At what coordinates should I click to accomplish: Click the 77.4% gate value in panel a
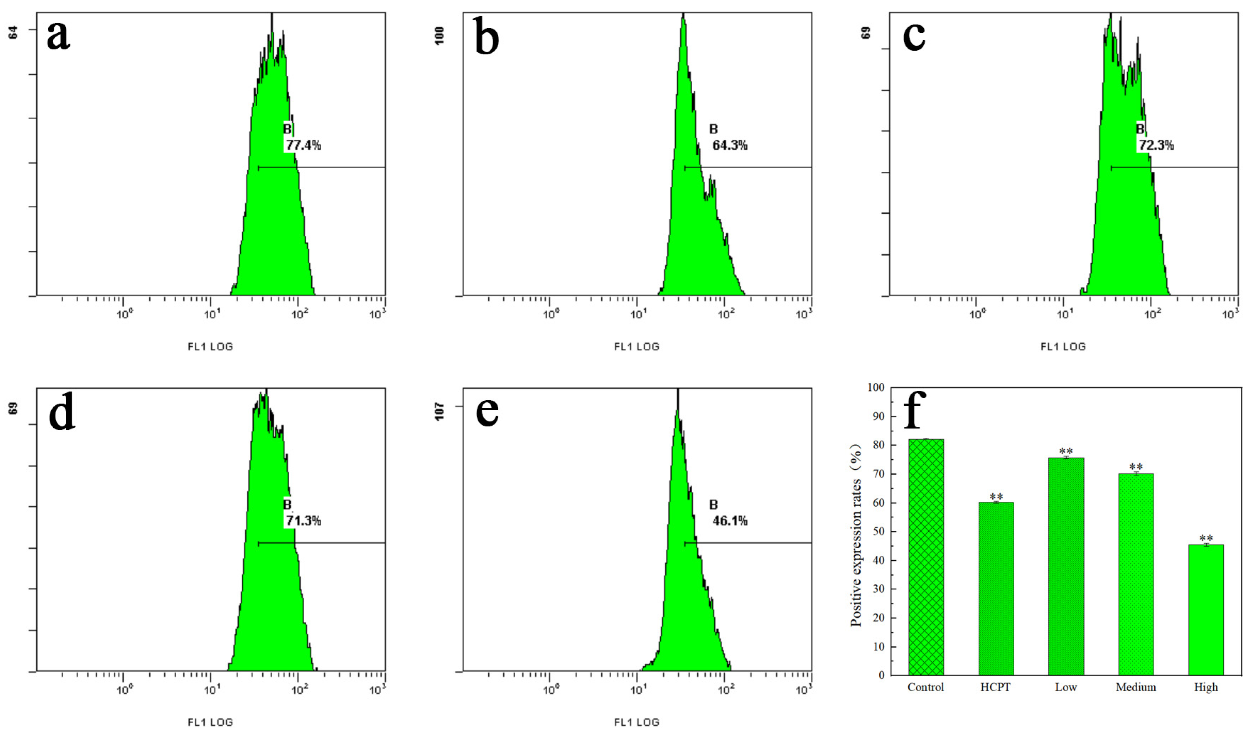pos(303,145)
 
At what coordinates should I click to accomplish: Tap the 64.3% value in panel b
pos(729,145)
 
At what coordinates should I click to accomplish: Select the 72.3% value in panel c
pos(1156,145)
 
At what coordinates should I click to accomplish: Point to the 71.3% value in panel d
pos(303,521)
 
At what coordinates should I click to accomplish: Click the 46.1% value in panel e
pos(729,521)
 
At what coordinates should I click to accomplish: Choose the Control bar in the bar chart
pos(926,556)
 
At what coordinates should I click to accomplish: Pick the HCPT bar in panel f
pos(996,588)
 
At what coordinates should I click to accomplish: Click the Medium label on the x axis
pos(1136,687)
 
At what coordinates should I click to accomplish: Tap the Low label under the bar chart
pos(1066,687)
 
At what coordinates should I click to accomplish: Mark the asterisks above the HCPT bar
pos(996,497)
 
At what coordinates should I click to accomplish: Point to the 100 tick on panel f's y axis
pos(876,387)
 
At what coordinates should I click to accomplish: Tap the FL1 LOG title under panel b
pos(637,347)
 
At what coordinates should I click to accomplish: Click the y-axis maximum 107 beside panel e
pos(439,412)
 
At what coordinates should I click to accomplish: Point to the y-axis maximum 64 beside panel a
pos(14,33)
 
